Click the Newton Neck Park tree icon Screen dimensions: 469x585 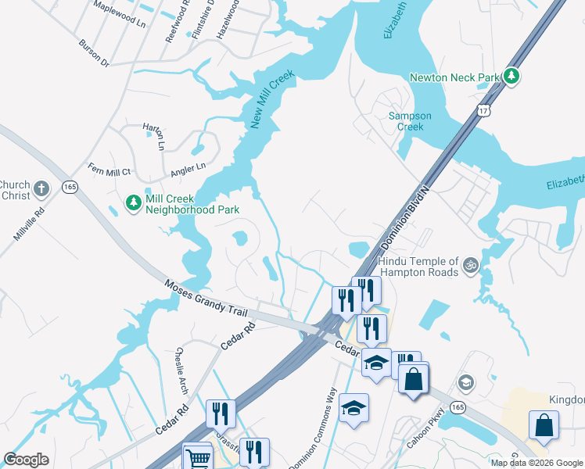[x=512, y=76]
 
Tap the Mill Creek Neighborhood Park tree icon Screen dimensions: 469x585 [x=134, y=204]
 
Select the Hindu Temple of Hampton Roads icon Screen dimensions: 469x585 [x=470, y=265]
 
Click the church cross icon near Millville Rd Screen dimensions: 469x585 [x=43, y=188]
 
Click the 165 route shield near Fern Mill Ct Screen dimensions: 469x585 [x=70, y=187]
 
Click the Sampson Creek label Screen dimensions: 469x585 [x=405, y=121]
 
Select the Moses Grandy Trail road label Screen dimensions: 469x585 [x=206, y=298]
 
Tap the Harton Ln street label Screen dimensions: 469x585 [x=153, y=135]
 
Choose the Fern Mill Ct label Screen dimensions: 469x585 [x=109, y=171]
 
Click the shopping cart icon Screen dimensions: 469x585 [x=197, y=457]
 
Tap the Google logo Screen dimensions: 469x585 [x=27, y=459]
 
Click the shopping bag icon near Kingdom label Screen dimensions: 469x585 [x=544, y=425]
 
